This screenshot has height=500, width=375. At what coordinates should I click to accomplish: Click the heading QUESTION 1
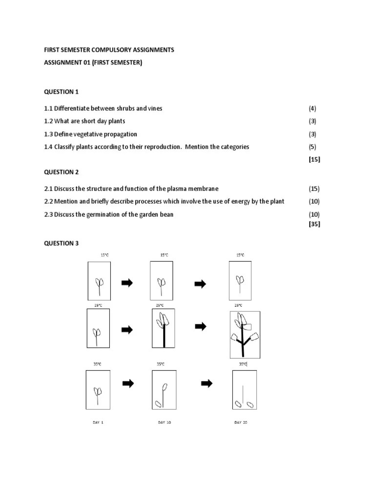tap(61, 92)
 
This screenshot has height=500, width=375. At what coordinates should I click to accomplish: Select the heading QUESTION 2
tap(61, 172)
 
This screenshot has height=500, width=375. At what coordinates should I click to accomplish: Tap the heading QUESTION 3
tap(61, 243)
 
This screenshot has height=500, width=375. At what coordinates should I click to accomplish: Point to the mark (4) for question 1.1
tap(312, 108)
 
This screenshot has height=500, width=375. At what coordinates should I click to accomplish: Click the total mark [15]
tap(314, 159)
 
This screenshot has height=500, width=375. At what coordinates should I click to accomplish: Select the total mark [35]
tap(314, 224)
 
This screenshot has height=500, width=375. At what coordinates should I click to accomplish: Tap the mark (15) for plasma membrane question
tap(314, 188)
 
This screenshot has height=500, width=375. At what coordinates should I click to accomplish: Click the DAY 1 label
tap(98, 422)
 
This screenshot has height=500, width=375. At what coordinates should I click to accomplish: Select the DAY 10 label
tap(164, 422)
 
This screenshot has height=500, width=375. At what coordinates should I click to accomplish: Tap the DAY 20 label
tap(241, 422)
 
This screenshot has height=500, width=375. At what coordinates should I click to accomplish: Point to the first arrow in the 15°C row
tap(127, 283)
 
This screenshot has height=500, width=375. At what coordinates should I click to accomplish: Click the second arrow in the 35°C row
tap(207, 384)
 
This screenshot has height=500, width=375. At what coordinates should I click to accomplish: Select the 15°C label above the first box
tap(104, 255)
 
